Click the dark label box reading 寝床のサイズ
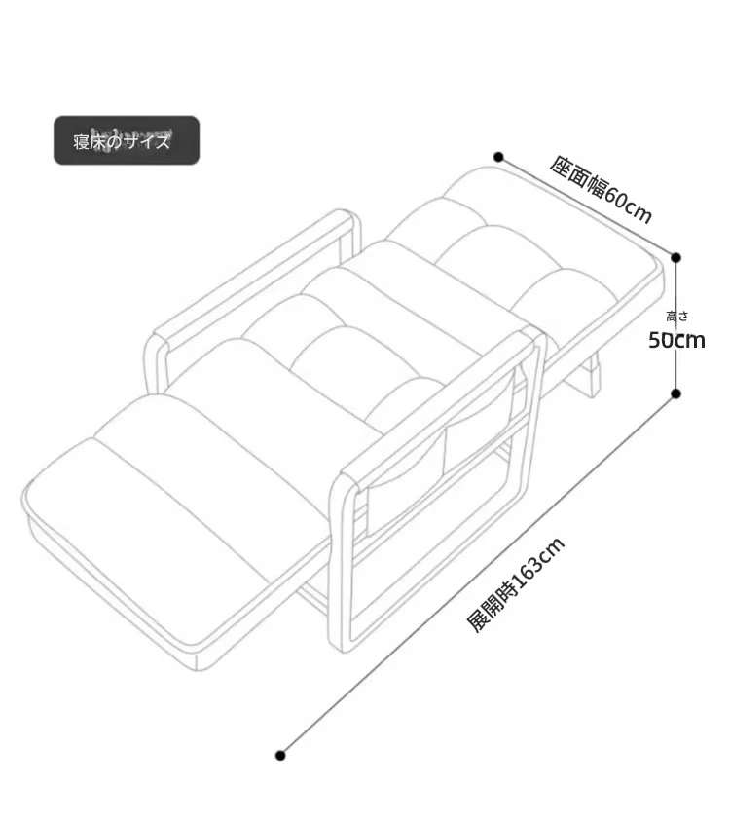[127, 140]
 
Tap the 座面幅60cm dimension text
[601, 190]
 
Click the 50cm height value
[676, 340]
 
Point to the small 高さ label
[676, 316]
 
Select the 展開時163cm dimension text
[516, 584]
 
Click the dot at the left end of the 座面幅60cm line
[499, 157]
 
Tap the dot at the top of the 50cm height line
[676, 257]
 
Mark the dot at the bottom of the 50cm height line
[676, 393]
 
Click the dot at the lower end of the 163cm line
[280, 756]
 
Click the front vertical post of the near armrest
[341, 562]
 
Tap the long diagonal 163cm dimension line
[479, 575]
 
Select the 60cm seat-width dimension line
[588, 207]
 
